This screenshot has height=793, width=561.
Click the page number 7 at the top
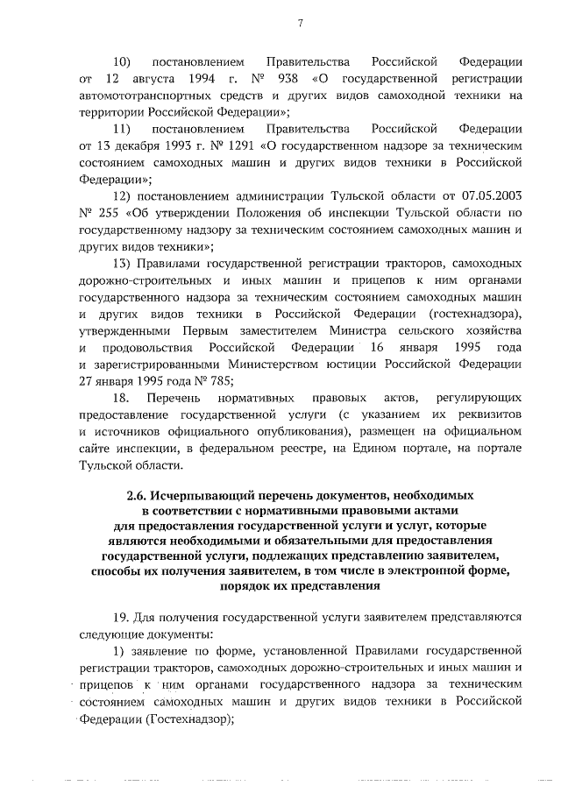point(299,23)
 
